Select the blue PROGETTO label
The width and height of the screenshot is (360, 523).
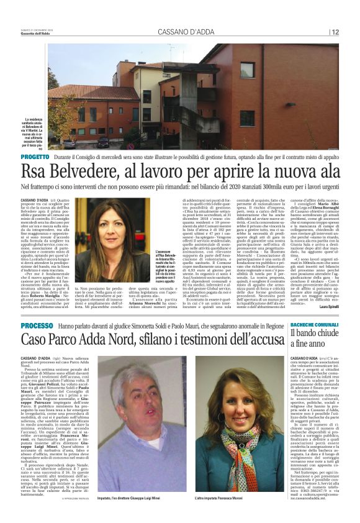tap(33, 158)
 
